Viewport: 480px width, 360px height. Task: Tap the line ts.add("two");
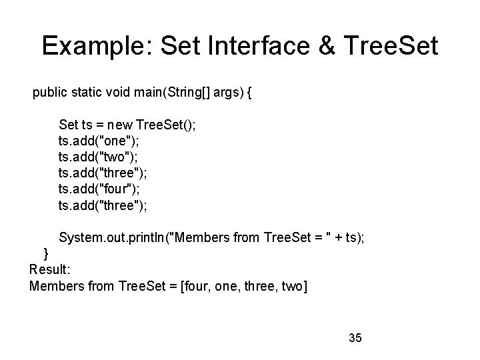coord(98,157)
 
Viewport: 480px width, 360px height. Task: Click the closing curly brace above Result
coord(46,253)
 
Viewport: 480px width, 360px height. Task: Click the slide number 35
coord(355,338)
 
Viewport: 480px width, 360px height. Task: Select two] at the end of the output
coord(293,286)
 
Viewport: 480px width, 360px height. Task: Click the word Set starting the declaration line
coord(69,125)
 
